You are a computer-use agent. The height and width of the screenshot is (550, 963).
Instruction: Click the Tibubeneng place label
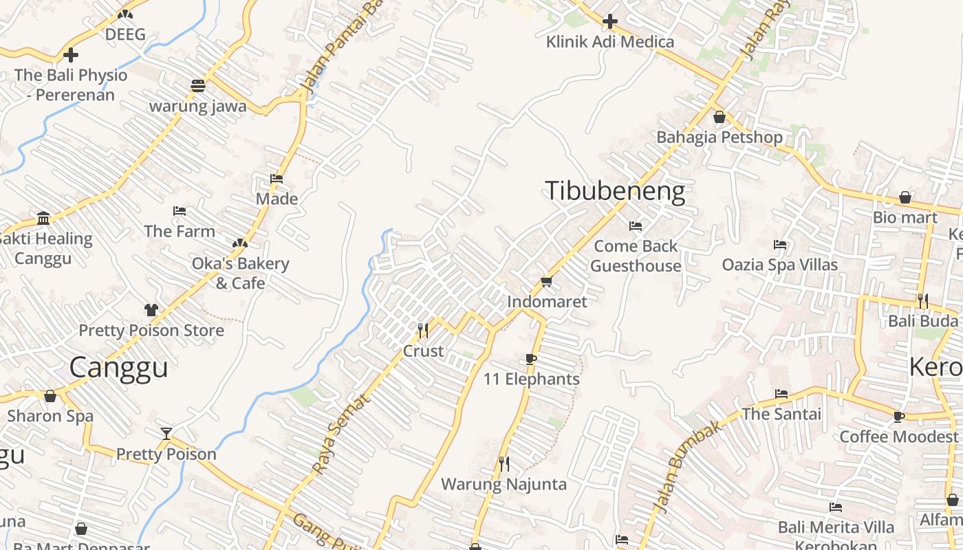tap(615, 191)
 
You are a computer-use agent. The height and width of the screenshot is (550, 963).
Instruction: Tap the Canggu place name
tap(118, 367)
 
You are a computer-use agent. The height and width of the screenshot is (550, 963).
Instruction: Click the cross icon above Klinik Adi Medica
tap(609, 22)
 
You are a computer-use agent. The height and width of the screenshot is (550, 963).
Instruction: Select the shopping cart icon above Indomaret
tap(547, 281)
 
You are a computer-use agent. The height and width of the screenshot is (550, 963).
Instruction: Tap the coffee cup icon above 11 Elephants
tap(530, 359)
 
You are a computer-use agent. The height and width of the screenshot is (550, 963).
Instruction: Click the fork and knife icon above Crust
tap(423, 331)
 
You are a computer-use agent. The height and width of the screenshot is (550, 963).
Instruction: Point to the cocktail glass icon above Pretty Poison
tap(166, 434)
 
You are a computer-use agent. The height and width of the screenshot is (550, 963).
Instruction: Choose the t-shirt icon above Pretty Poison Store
tap(151, 310)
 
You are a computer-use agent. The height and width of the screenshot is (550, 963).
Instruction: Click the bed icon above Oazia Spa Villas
tap(780, 245)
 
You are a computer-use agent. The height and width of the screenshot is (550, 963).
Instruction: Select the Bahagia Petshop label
tap(719, 137)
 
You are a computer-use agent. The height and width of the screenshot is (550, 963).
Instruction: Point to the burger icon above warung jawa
tap(198, 86)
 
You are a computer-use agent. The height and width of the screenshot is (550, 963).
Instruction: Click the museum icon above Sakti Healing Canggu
tap(44, 219)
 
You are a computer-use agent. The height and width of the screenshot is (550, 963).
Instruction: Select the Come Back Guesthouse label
tap(636, 256)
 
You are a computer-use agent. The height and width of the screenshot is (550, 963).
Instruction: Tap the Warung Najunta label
tap(504, 484)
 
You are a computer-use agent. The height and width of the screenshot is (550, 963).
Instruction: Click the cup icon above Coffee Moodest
tap(898, 417)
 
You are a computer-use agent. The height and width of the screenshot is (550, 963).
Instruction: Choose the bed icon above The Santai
tap(781, 394)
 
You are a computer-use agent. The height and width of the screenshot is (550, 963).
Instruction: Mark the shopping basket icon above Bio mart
tap(905, 198)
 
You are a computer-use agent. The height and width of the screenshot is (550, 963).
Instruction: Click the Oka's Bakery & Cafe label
tap(240, 273)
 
